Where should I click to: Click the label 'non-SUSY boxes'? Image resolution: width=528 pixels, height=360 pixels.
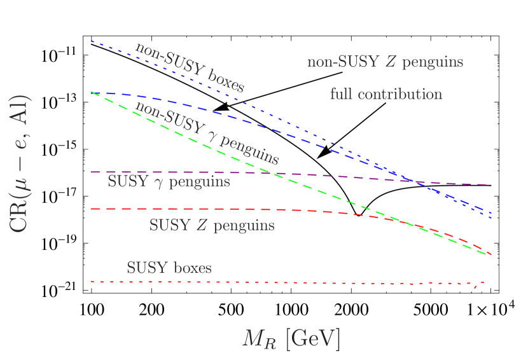[x=189, y=67]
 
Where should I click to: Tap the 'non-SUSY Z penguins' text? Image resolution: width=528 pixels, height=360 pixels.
[x=385, y=62]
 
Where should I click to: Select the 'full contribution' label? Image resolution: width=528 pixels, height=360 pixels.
[x=386, y=94]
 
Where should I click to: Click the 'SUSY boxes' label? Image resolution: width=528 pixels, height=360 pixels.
[x=169, y=268]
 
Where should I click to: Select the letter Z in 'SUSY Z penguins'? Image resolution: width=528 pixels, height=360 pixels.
[x=200, y=225]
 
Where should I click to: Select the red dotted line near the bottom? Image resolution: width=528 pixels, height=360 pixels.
[x=286, y=282]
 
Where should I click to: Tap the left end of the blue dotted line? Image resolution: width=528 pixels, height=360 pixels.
[x=92, y=41]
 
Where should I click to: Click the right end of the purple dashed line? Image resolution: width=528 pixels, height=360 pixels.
[x=487, y=184]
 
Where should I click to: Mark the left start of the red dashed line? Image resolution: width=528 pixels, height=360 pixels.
[x=93, y=209]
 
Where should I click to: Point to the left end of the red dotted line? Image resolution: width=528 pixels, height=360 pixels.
[x=93, y=281]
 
